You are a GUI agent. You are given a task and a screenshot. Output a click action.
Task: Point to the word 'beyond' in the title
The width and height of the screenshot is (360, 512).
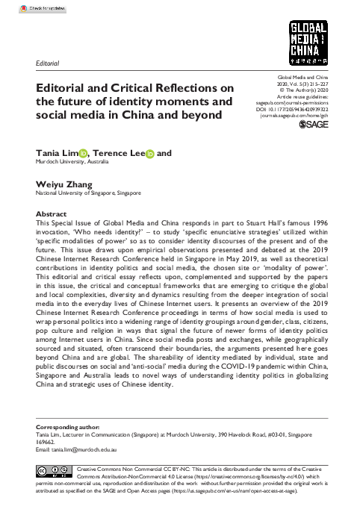[197, 116]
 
